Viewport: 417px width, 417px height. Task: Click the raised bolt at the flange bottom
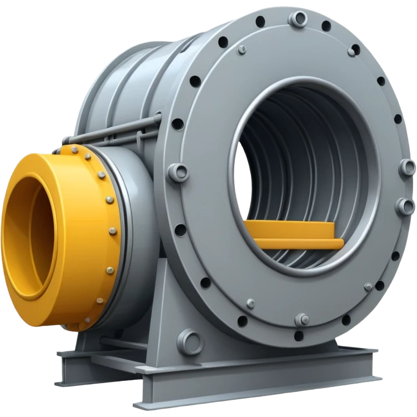tap(302, 319)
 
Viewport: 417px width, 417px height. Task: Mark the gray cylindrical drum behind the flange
tap(128, 83)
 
